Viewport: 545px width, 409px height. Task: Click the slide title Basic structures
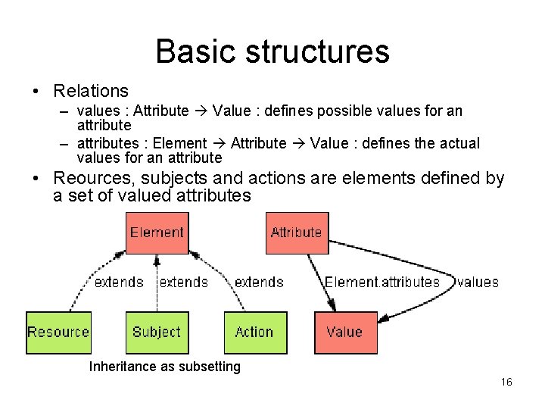(x=272, y=52)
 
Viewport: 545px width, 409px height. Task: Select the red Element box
(x=157, y=233)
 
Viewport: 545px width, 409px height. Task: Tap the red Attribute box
(x=297, y=233)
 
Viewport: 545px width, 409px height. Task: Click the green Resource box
(x=58, y=332)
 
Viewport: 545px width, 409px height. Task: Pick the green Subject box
(x=157, y=332)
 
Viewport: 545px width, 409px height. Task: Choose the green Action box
(x=255, y=332)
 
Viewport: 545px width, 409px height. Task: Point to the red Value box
(x=344, y=332)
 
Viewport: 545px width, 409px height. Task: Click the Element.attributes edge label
(x=382, y=282)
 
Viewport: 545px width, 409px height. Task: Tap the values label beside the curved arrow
(x=478, y=282)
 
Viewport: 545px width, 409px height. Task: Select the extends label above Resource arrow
(x=119, y=282)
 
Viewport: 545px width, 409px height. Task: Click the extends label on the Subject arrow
(x=184, y=282)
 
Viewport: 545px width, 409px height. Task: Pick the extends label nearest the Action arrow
(x=259, y=282)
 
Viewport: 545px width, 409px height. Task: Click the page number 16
(x=506, y=382)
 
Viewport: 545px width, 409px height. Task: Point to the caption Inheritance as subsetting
(x=165, y=367)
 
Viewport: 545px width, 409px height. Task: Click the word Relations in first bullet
(x=91, y=91)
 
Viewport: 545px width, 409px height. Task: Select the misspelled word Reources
(x=89, y=179)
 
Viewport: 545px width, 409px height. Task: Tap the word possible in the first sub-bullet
(x=356, y=111)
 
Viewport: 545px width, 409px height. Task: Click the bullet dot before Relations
(x=36, y=91)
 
